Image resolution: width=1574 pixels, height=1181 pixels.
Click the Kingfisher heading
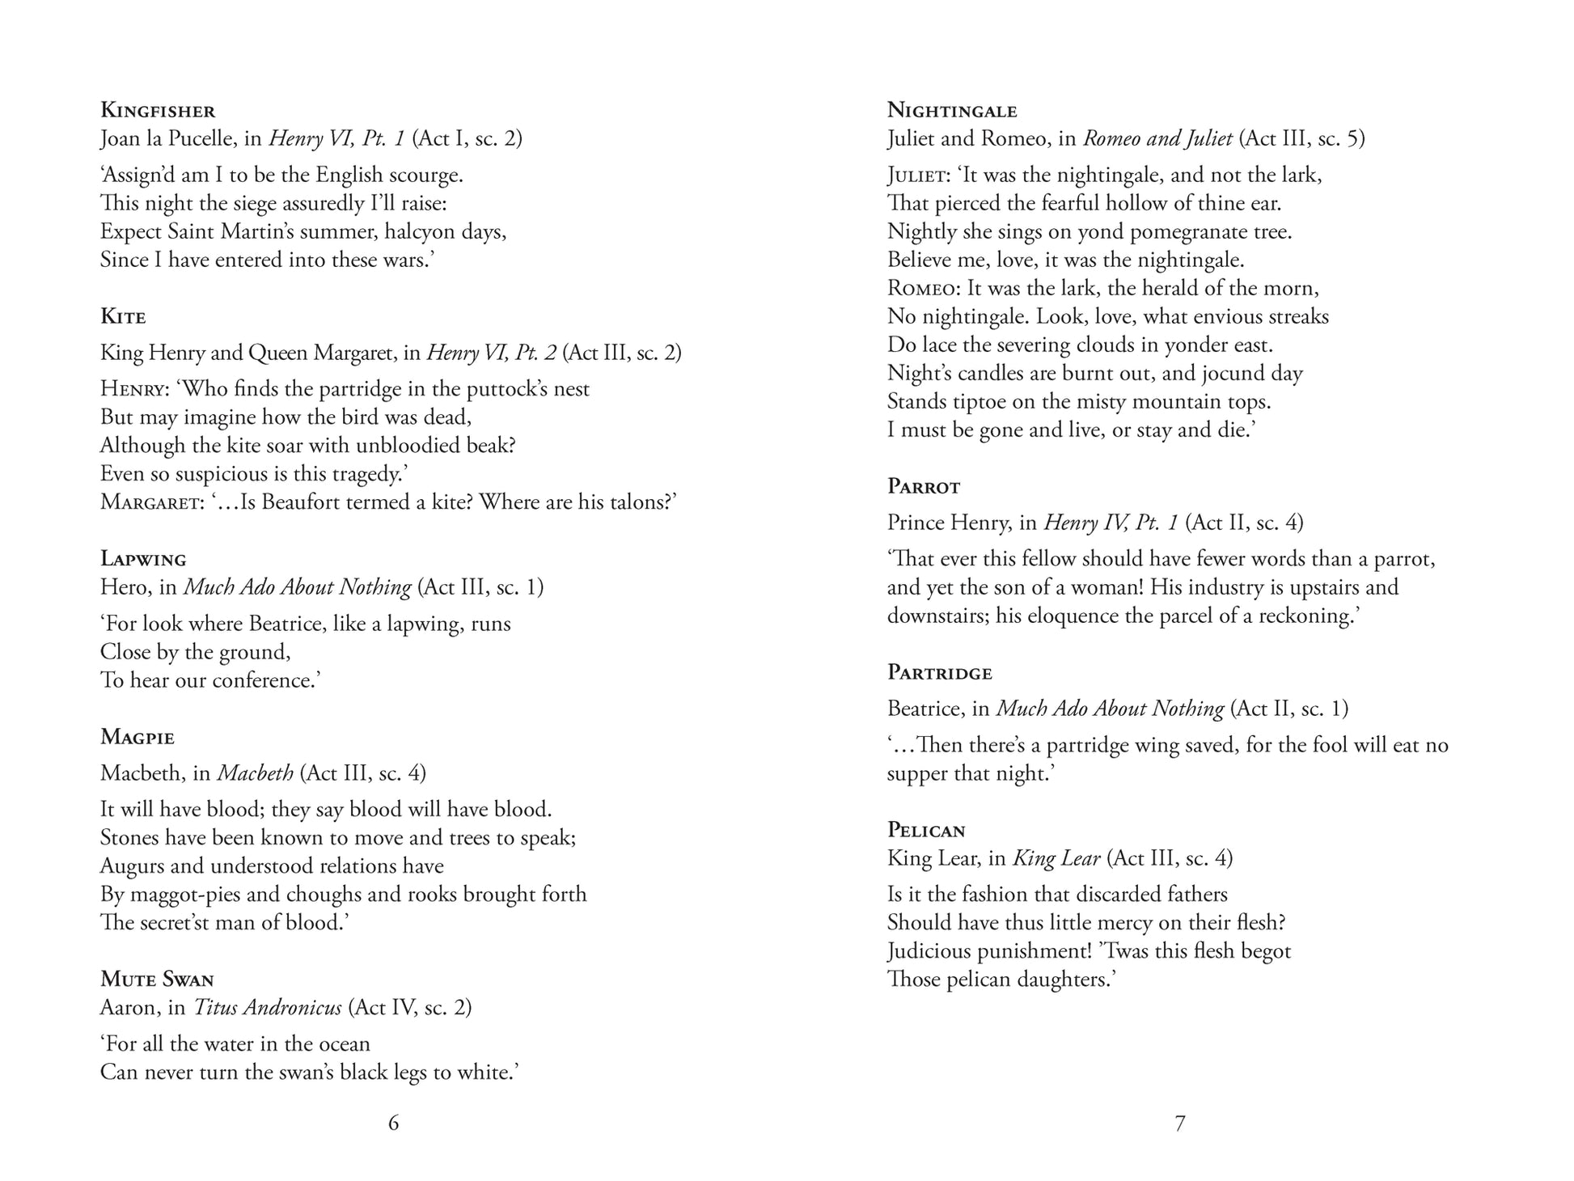tap(158, 110)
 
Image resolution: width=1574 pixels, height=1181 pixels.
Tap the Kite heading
tap(123, 316)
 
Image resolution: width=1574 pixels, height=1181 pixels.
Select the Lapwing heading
tap(143, 559)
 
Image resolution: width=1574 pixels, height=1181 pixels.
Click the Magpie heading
tap(138, 737)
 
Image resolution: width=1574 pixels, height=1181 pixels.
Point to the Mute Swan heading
tap(157, 980)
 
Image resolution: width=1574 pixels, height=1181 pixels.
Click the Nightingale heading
tap(952, 110)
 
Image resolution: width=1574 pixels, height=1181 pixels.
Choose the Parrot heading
tap(924, 486)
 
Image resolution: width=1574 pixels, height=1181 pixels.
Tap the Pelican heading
tap(927, 830)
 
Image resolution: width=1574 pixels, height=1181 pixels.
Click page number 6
tap(393, 1123)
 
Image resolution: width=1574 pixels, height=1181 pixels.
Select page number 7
tap(1179, 1123)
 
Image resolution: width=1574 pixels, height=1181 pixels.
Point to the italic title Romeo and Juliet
tap(1157, 138)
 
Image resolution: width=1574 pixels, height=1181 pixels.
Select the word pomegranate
tap(1187, 232)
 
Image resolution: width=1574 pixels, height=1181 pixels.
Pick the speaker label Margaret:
tap(152, 502)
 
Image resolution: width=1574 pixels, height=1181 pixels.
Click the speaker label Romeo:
tap(924, 289)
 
